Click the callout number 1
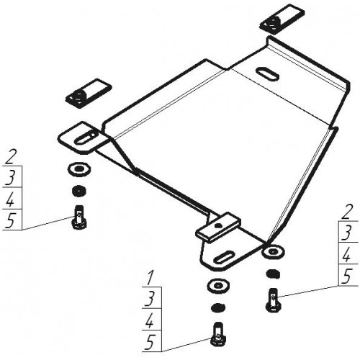click(x=150, y=279)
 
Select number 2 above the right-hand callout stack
click(x=347, y=212)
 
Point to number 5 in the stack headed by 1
click(x=150, y=342)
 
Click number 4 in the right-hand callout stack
click(x=347, y=254)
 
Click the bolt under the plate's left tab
click(x=79, y=217)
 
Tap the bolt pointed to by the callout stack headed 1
click(x=218, y=334)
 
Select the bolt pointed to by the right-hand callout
click(x=273, y=300)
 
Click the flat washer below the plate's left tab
click(x=79, y=169)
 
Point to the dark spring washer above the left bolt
click(x=79, y=191)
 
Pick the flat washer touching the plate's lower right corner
click(x=273, y=251)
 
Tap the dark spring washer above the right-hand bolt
click(x=273, y=274)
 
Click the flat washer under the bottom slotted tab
click(x=218, y=286)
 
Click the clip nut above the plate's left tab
click(x=88, y=94)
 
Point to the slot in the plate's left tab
click(x=86, y=138)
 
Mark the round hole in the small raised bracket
click(x=217, y=225)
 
